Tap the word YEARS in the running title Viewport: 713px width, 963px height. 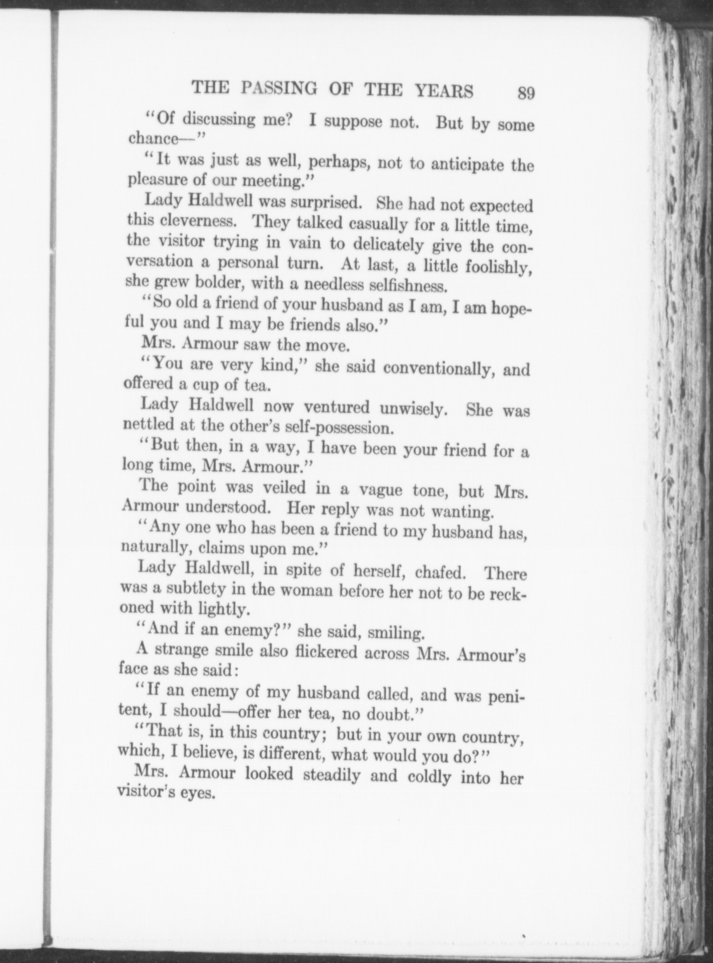pos(444,91)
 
